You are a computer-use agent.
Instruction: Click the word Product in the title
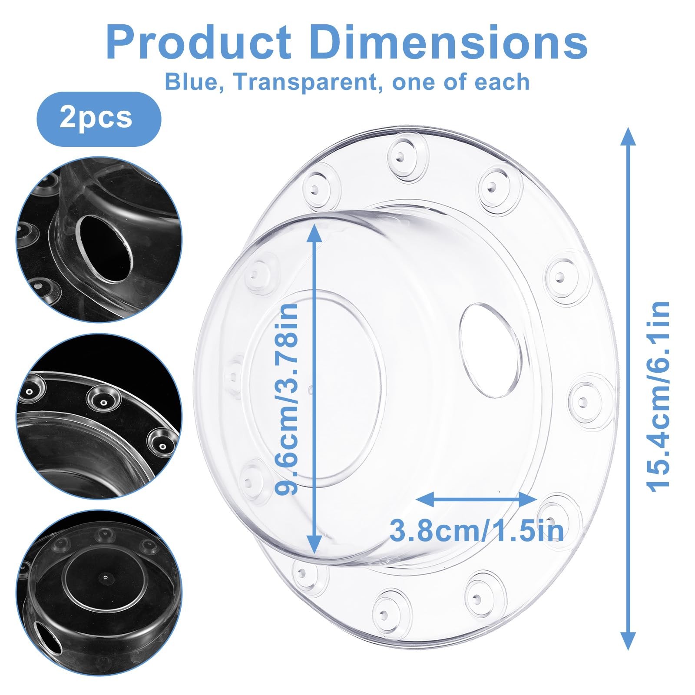tap(199, 43)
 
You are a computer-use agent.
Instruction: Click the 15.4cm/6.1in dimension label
tap(659, 397)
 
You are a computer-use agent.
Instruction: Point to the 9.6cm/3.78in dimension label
tap(288, 398)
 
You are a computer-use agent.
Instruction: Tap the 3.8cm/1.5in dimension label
tap(477, 530)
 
